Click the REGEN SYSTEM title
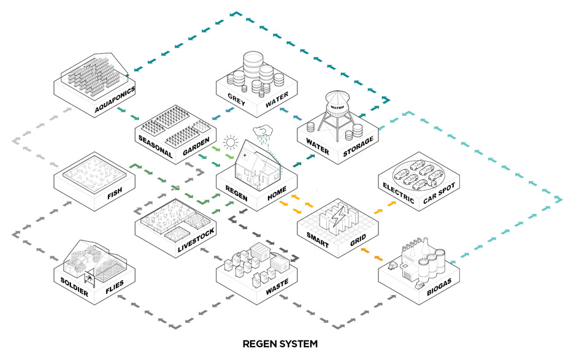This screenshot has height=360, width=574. pyautogui.click(x=280, y=344)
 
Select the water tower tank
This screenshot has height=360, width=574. pyautogui.click(x=339, y=103)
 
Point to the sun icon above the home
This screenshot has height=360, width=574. pyautogui.click(x=230, y=144)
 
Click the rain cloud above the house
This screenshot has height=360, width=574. pyautogui.click(x=265, y=131)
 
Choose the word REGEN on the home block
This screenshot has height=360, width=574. pyautogui.click(x=237, y=193)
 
